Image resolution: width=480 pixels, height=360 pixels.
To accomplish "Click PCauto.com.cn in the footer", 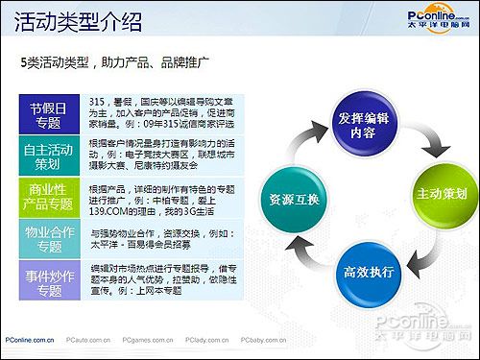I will coord(90,339).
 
